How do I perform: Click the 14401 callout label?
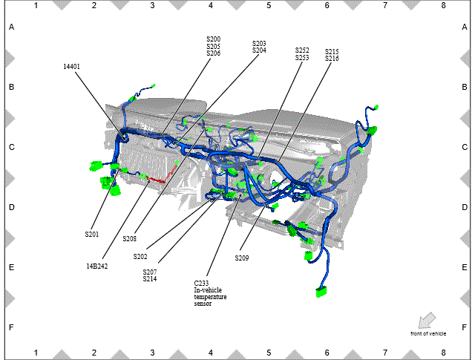pyautogui.click(x=71, y=67)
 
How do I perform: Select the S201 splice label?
pyautogui.click(x=92, y=235)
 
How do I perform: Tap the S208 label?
pyautogui.click(x=130, y=239)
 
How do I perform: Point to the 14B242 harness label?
pyautogui.click(x=97, y=266)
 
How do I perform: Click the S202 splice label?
pyautogui.click(x=140, y=257)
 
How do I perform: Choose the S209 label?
pyautogui.click(x=242, y=258)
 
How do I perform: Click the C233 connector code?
pyautogui.click(x=201, y=284)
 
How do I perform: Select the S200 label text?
pyautogui.click(x=214, y=39)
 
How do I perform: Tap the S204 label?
pyautogui.click(x=259, y=50)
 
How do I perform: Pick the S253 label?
pyautogui.click(x=302, y=57)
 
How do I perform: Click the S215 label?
pyautogui.click(x=332, y=51)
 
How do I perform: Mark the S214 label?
pyautogui.click(x=150, y=279)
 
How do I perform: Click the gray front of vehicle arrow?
pyautogui.click(x=427, y=321)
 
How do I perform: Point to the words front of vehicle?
pyautogui.click(x=428, y=333)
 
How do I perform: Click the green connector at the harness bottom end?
pyautogui.click(x=321, y=292)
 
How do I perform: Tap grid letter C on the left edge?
pyautogui.click(x=12, y=147)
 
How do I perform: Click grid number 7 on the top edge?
pyautogui.click(x=385, y=5)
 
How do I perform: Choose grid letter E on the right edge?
pyautogui.click(x=465, y=267)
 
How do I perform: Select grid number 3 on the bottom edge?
pyautogui.click(x=152, y=353)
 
